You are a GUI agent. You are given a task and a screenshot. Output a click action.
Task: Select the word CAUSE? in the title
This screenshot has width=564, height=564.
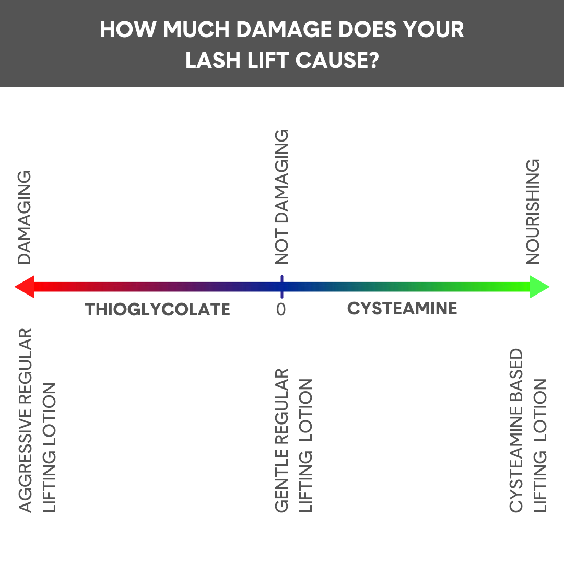point(336,61)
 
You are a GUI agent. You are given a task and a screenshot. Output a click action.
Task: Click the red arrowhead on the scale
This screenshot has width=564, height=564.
point(25,287)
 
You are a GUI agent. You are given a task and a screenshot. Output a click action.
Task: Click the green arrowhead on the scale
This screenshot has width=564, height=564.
point(539,287)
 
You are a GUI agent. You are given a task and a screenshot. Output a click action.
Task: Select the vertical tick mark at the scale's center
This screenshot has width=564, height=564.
point(281,287)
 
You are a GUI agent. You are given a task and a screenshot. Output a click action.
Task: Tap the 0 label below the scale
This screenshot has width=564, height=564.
point(281,310)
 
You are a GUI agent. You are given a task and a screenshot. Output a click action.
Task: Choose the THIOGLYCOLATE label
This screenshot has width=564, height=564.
point(158,310)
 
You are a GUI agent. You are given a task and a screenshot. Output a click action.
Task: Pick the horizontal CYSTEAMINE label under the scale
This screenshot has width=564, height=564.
point(402,309)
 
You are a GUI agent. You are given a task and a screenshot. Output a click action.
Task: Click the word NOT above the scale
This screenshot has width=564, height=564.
point(281,250)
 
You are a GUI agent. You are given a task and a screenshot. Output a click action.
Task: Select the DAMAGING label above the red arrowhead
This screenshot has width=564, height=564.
point(25,217)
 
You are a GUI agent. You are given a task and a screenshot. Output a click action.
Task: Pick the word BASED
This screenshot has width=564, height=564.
point(516,378)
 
